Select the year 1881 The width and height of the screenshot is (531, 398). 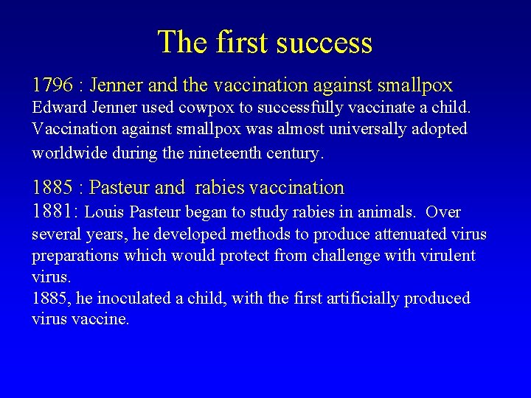(53, 212)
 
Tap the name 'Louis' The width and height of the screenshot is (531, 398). (105, 213)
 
